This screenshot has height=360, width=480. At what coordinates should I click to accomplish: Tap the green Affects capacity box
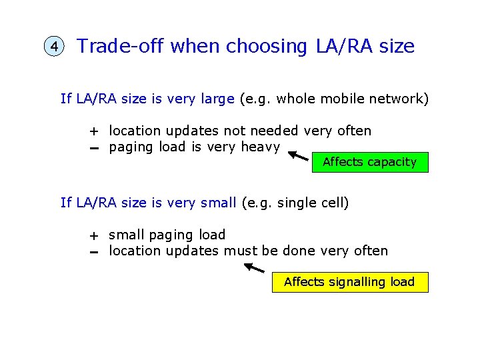coord(369,162)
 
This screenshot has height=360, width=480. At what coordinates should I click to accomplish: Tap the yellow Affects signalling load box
coord(349,282)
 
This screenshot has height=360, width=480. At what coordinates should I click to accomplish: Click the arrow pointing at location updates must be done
coord(254,268)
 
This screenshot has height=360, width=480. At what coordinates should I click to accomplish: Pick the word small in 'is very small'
coord(218,202)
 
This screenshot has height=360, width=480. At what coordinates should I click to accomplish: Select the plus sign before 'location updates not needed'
coord(95,131)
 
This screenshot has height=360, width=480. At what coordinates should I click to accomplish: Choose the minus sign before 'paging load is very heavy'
coord(95,148)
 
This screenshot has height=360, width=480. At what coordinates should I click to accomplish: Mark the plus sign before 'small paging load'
coord(95,235)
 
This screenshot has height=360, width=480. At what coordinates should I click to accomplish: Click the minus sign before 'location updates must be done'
coord(95,252)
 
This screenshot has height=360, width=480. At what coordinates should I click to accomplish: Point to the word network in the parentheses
coord(399,99)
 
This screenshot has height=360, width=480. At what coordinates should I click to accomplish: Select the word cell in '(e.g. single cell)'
coord(334,202)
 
